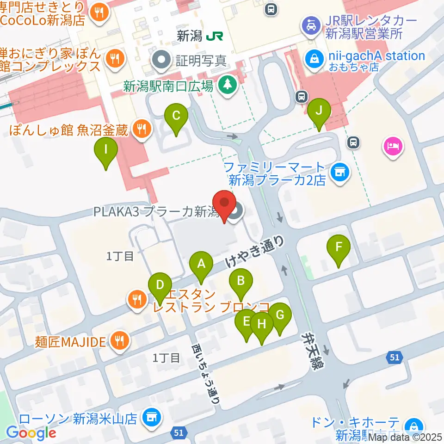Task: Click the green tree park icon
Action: [227, 84]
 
